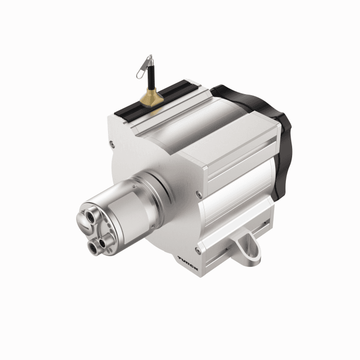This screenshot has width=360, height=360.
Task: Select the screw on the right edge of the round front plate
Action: pyautogui.click(x=199, y=194)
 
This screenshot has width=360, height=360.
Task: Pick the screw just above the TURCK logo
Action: pyautogui.click(x=198, y=250)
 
